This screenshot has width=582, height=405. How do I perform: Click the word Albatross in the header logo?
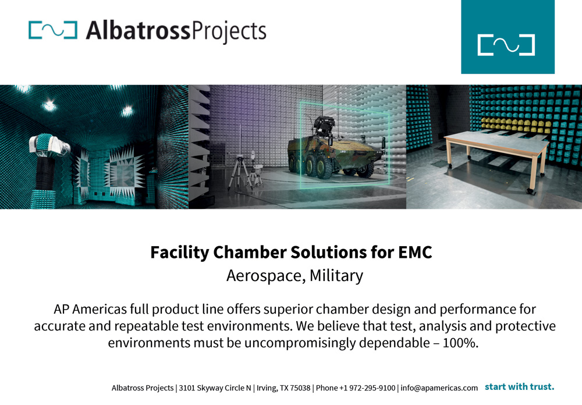(x=138, y=30)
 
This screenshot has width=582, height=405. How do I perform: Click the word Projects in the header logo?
(x=229, y=31)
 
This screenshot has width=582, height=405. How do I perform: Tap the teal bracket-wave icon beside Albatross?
(x=53, y=30)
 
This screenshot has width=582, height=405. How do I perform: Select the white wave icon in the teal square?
(x=506, y=45)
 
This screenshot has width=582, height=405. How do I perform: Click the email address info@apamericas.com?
(x=439, y=388)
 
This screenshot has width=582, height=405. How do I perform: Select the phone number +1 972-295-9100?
(x=367, y=388)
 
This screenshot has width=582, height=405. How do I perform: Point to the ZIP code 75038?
(x=300, y=388)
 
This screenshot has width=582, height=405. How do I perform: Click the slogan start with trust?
(x=520, y=387)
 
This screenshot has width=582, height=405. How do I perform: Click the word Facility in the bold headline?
(x=180, y=253)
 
